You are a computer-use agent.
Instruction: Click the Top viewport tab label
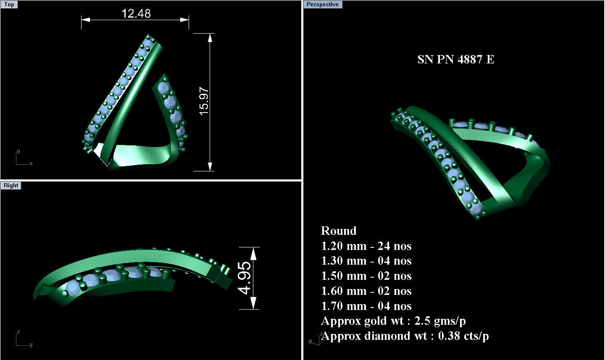9,5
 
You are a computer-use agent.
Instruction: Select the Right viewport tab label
11,186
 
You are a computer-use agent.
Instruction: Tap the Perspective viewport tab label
322,5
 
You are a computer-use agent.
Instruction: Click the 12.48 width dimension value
136,13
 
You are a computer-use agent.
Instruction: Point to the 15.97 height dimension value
204,101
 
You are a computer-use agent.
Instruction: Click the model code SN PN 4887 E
455,59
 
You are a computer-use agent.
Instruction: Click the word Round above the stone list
339,231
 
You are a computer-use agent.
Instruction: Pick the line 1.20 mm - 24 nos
366,246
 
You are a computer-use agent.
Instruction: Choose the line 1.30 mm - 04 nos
366,261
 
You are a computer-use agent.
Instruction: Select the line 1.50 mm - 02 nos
366,276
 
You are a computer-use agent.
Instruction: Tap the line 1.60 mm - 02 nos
366,291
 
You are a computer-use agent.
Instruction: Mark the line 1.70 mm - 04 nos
366,306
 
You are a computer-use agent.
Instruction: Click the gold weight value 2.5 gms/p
440,321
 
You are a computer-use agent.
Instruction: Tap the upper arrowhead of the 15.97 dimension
210,37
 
